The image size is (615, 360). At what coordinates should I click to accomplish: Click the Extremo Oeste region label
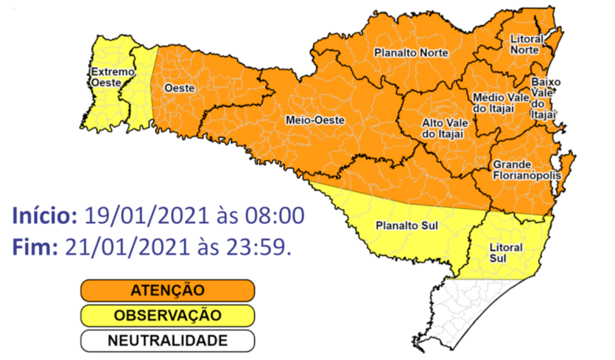point(112,78)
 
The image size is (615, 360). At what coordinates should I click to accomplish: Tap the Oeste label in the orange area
point(180,88)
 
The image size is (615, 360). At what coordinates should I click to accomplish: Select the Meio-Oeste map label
point(315,120)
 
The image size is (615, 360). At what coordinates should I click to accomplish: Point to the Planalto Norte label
point(411,53)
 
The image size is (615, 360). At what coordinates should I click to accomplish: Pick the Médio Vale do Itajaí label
point(501,102)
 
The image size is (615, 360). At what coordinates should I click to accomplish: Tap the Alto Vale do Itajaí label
point(444,127)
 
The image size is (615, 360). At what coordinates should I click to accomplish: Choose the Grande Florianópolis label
point(526,170)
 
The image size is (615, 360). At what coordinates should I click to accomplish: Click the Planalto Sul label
point(405,227)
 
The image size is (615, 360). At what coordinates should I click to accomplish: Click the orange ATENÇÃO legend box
point(168,290)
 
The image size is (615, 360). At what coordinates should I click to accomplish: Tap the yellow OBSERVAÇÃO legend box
point(168,316)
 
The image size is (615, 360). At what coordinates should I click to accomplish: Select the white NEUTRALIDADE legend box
point(168,341)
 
